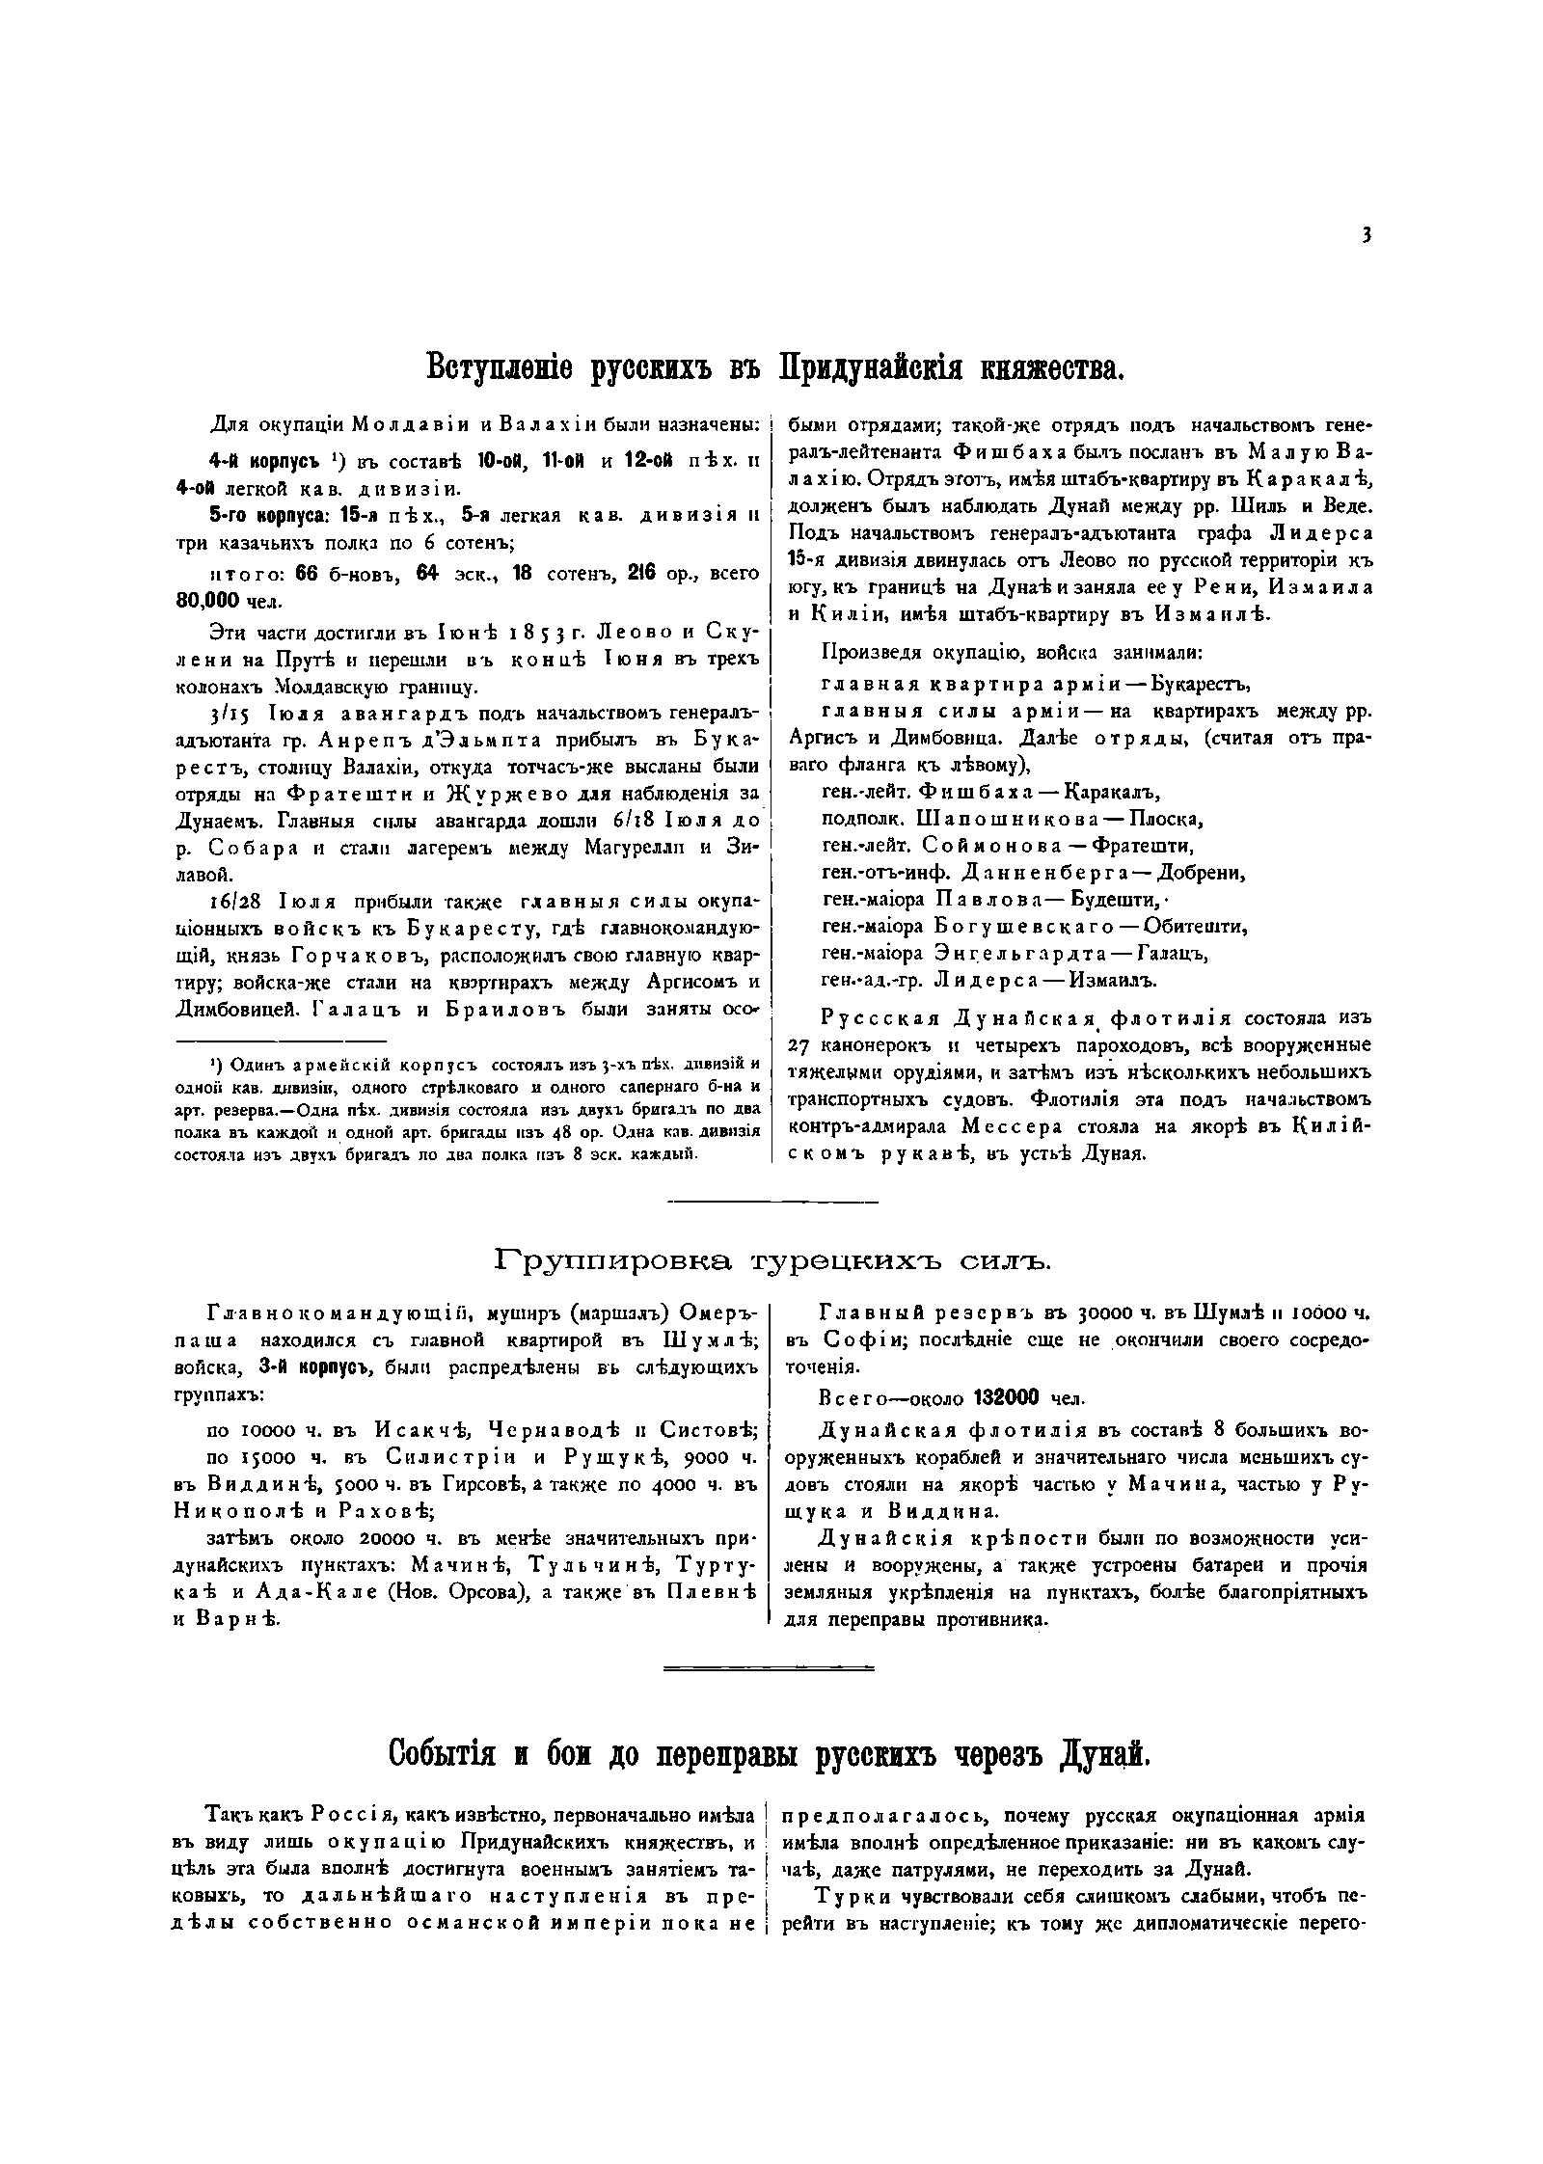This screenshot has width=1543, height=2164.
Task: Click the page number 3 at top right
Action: (x=1367, y=234)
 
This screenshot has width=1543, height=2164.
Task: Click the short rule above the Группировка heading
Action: (x=771, y=1203)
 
